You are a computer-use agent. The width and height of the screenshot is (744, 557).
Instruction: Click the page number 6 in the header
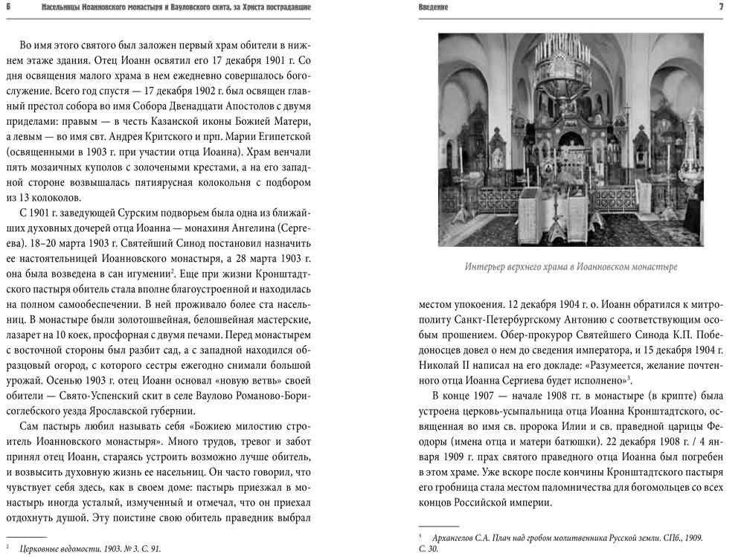7,7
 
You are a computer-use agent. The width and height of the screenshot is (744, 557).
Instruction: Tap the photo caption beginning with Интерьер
571,266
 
